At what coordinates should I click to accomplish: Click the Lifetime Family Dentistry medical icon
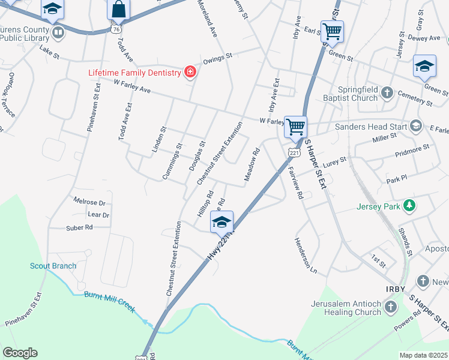click(190, 73)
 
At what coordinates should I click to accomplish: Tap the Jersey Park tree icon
click(409, 206)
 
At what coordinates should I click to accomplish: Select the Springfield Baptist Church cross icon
click(388, 92)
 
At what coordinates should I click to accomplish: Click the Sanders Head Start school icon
click(415, 126)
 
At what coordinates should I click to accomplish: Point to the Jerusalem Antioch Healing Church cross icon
click(391, 308)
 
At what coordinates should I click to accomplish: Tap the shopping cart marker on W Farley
click(295, 127)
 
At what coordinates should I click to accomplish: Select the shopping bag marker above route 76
click(118, 10)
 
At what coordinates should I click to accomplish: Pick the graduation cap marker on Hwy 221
click(221, 222)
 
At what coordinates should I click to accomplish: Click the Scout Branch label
click(53, 266)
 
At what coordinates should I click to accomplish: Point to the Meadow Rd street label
click(252, 164)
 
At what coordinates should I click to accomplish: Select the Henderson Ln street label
click(306, 256)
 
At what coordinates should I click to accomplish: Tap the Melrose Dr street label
click(89, 202)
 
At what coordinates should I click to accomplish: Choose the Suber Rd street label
click(80, 227)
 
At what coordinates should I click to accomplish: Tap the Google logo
click(20, 353)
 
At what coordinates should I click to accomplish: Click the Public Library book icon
click(58, 32)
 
